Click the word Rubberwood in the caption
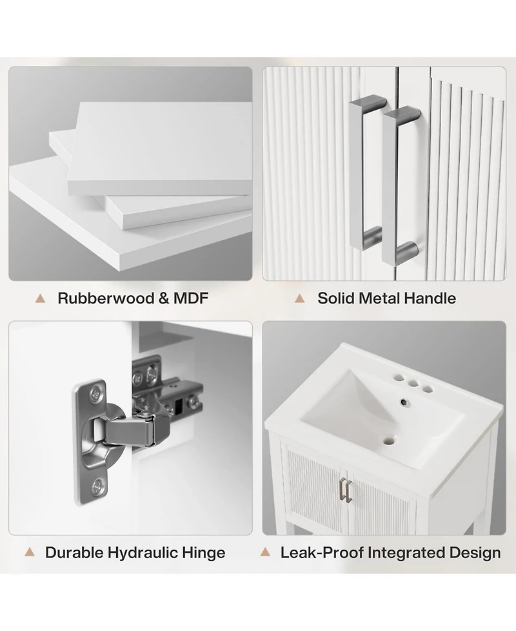coord(106,298)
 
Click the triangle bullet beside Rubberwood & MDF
coord(40,298)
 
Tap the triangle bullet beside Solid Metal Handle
coord(299,298)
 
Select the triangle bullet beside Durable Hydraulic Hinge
coord(29,552)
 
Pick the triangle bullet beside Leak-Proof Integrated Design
coord(265,552)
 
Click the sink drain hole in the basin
coord(388,441)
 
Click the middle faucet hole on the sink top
coord(413,384)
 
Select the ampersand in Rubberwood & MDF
coord(164,298)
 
